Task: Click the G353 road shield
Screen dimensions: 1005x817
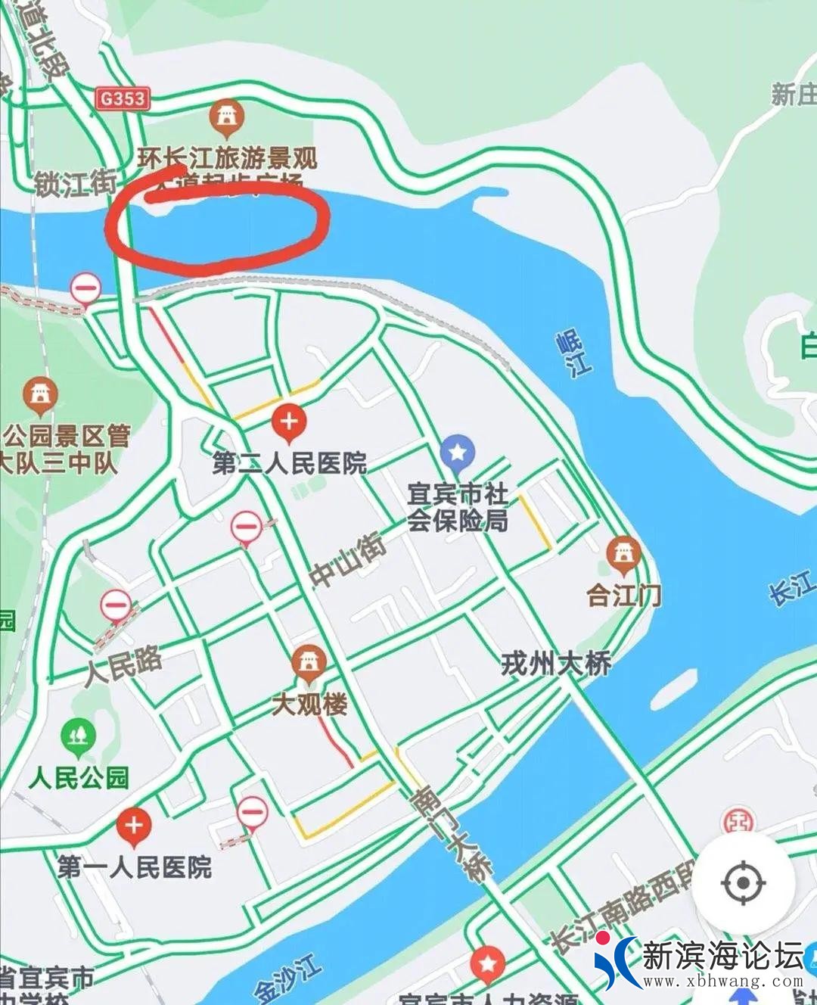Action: point(123,98)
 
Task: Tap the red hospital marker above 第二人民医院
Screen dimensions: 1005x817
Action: point(288,422)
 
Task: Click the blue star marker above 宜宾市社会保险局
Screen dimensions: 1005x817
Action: point(457,453)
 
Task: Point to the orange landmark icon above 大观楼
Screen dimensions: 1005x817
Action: point(309,664)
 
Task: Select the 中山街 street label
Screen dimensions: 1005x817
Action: point(349,560)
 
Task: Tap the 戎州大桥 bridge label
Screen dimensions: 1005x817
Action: point(556,664)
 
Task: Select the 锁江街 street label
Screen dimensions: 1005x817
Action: point(76,183)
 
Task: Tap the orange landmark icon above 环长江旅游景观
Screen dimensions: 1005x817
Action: point(226,117)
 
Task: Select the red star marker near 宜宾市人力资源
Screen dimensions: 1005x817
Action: point(488,964)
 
